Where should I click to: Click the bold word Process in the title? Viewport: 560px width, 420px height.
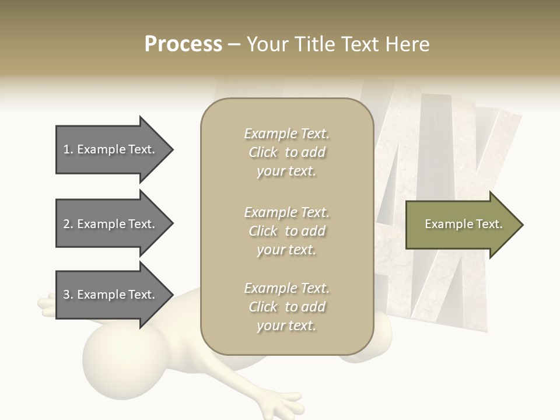pos(183,44)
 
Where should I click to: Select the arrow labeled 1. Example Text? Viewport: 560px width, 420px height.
pos(111,149)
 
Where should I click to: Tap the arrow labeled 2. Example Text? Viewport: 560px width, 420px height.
pos(111,224)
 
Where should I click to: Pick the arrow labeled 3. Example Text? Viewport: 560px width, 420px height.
pos(111,295)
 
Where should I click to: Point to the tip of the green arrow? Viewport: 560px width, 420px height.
pos(521,224)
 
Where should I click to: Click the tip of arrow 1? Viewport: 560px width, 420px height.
pos(171,149)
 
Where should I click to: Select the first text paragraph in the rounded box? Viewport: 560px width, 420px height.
pos(286,152)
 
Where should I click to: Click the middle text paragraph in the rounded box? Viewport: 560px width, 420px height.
pos(286,231)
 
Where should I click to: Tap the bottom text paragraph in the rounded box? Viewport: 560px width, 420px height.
pos(286,307)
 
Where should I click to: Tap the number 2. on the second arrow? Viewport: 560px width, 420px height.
pos(68,224)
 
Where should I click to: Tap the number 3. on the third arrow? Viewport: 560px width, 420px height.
pos(68,295)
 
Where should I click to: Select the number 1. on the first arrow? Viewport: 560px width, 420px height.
pos(68,149)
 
